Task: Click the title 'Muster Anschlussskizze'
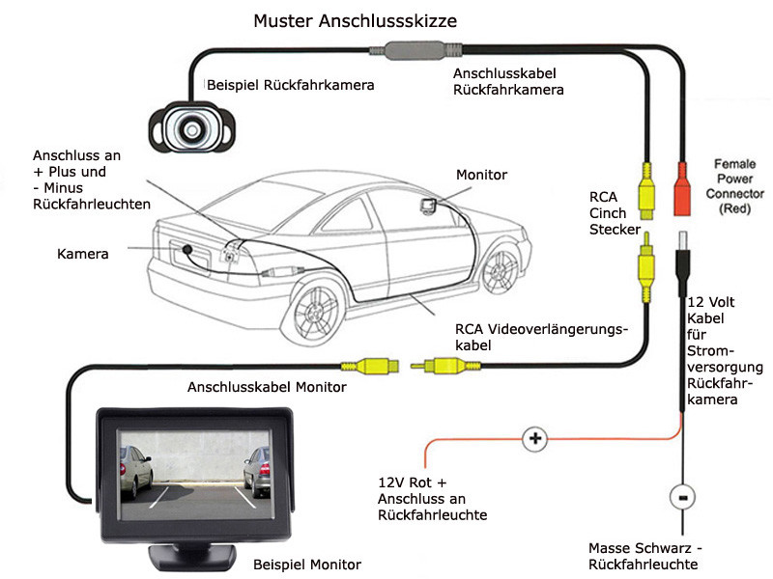click(x=355, y=20)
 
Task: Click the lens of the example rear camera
click(x=191, y=130)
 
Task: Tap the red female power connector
click(x=682, y=189)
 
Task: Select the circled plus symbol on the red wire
click(x=535, y=438)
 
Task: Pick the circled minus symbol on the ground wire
click(x=682, y=497)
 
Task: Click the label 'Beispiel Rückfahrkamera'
click(x=291, y=85)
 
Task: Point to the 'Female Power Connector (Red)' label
click(x=734, y=186)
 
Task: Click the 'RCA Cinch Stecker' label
click(x=615, y=213)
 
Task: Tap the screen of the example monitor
click(x=195, y=475)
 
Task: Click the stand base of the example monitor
click(x=192, y=558)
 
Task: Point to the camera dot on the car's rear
click(x=187, y=249)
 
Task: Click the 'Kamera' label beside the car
click(x=83, y=254)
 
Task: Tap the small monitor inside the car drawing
click(x=428, y=206)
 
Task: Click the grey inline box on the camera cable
click(x=415, y=50)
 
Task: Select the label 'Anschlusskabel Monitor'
click(x=267, y=387)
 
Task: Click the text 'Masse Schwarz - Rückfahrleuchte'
click(x=644, y=556)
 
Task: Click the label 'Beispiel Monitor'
click(x=307, y=565)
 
